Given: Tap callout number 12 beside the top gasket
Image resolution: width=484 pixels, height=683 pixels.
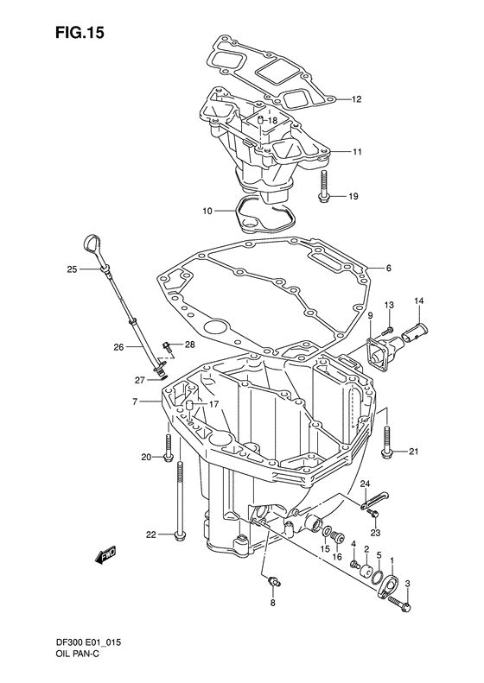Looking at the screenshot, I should [355, 100].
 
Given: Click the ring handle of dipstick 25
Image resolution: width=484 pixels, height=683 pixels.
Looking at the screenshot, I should [89, 238].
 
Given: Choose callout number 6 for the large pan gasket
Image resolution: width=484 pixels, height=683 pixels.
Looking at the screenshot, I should [388, 268].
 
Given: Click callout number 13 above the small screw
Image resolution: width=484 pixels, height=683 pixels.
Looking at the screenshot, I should [389, 306].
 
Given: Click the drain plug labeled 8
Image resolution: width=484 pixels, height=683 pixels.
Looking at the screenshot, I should [272, 584].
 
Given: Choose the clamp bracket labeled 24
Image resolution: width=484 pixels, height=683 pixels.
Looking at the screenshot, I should [371, 498].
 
